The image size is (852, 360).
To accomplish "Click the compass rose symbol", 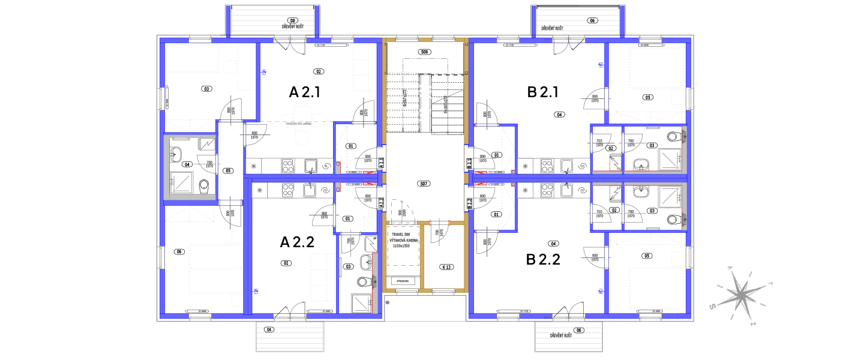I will click(x=742, y=295).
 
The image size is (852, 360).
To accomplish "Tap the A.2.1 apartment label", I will click(x=381, y=162).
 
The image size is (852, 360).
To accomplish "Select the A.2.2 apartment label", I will click(x=381, y=203).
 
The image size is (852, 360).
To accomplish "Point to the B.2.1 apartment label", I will click(x=469, y=162).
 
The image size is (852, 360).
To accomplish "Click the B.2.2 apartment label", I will click(x=469, y=203).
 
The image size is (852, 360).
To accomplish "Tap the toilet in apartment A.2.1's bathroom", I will click(x=204, y=185).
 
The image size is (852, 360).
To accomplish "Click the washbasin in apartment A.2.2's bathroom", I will click(x=366, y=262).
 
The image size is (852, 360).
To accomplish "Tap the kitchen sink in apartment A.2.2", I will click(x=310, y=190).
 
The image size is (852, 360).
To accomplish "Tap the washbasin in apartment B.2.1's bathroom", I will click(x=641, y=164).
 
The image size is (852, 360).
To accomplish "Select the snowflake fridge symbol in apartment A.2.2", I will click(x=259, y=191).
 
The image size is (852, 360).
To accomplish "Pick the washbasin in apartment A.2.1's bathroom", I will click(x=175, y=155).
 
